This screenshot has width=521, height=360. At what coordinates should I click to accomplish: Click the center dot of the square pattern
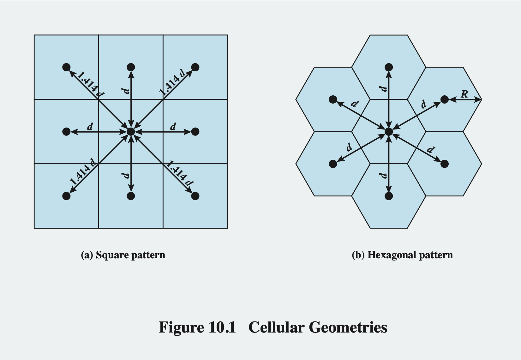(x=131, y=131)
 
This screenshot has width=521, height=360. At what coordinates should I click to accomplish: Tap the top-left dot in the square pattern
(x=66, y=67)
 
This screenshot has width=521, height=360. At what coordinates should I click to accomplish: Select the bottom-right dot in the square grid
(x=195, y=196)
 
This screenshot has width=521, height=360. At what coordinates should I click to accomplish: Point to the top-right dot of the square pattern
(x=195, y=67)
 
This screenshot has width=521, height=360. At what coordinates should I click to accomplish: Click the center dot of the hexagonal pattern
(x=389, y=131)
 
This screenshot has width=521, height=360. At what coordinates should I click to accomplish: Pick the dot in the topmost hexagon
(x=389, y=67)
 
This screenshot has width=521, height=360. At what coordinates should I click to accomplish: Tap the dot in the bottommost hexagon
(x=389, y=196)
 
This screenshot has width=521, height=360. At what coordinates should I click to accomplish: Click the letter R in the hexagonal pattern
(x=464, y=94)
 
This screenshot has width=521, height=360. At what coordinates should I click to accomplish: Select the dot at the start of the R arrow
(x=444, y=99)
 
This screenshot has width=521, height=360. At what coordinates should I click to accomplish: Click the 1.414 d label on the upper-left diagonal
(x=91, y=84)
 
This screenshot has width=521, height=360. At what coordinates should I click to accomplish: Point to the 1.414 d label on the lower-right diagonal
(x=180, y=173)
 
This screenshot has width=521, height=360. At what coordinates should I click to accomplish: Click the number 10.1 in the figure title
(x=222, y=327)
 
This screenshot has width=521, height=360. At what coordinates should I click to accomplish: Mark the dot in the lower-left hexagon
(x=333, y=164)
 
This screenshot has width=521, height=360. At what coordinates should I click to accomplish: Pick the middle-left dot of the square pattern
(x=66, y=131)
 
